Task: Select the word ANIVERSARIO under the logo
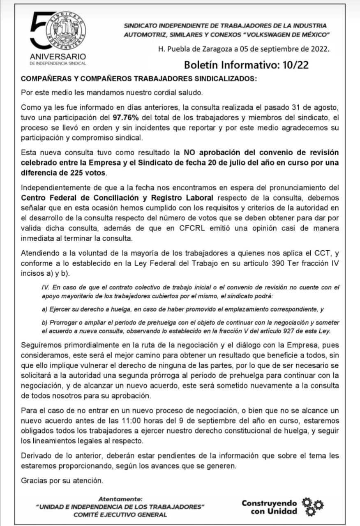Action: (58, 56)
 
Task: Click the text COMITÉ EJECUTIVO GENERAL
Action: (120, 514)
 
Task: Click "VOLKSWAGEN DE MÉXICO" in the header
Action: (288, 35)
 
